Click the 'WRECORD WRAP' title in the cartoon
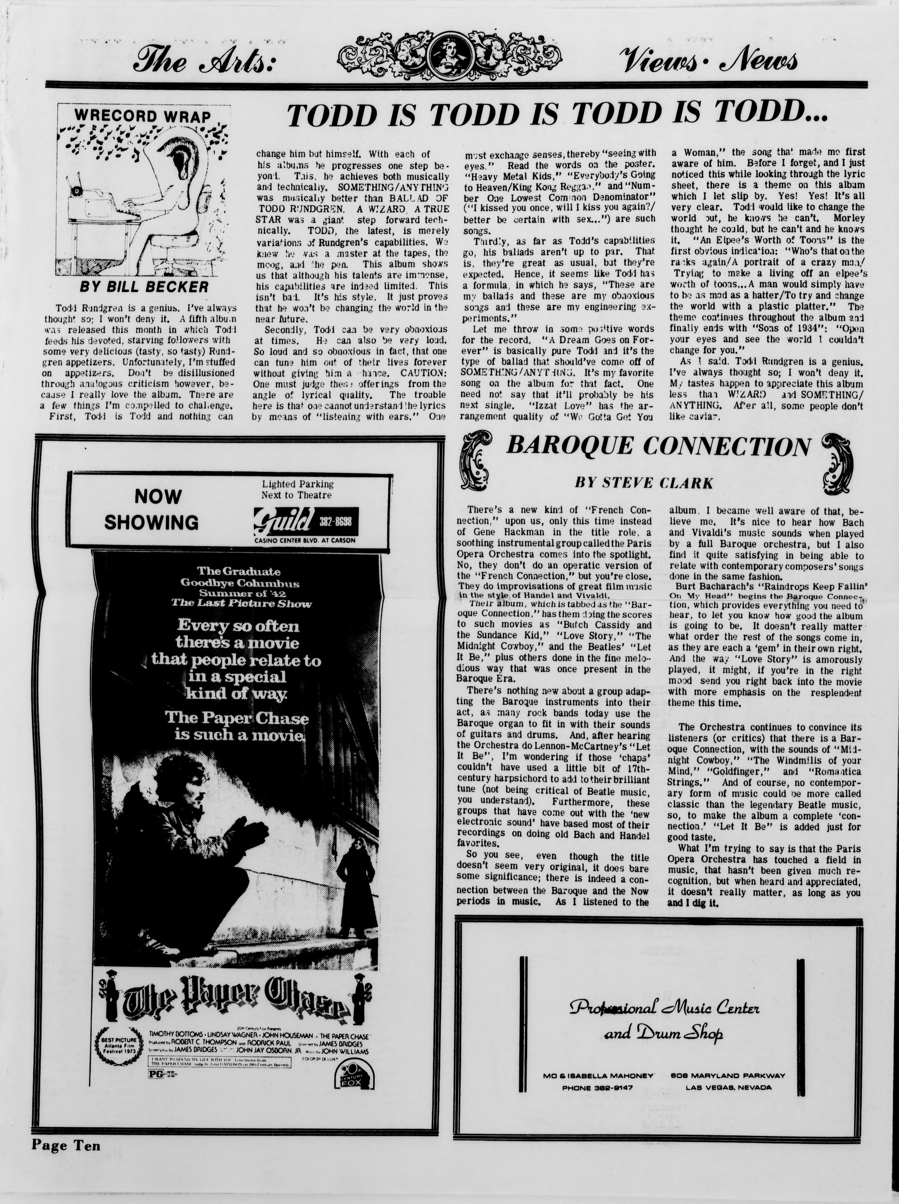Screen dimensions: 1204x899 pos(143,117)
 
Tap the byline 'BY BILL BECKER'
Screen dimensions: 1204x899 pos(144,287)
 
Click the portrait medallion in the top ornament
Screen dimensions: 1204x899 pos(449,54)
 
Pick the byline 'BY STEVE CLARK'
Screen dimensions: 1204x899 pos(644,483)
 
